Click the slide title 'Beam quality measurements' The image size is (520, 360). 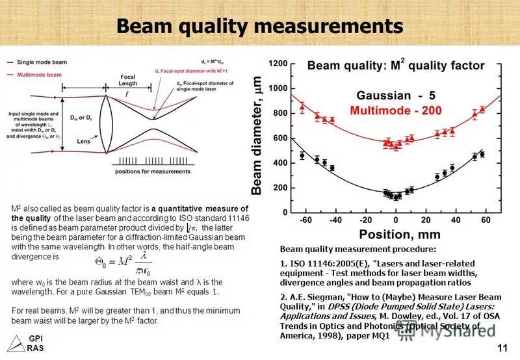pyautogui.click(x=259, y=27)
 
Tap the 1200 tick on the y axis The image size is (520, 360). pyautogui.click(x=278, y=64)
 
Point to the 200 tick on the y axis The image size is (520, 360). pyautogui.click(x=281, y=188)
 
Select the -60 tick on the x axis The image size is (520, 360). pyautogui.click(x=305, y=221)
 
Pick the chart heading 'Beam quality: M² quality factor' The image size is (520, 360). pyautogui.click(x=395, y=66)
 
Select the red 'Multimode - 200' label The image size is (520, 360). pyautogui.click(x=395, y=110)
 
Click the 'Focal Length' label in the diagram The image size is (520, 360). pyautogui.click(x=128, y=81)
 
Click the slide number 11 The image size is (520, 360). pyautogui.click(x=501, y=348)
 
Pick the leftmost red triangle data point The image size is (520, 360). pyautogui.click(x=302, y=106)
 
